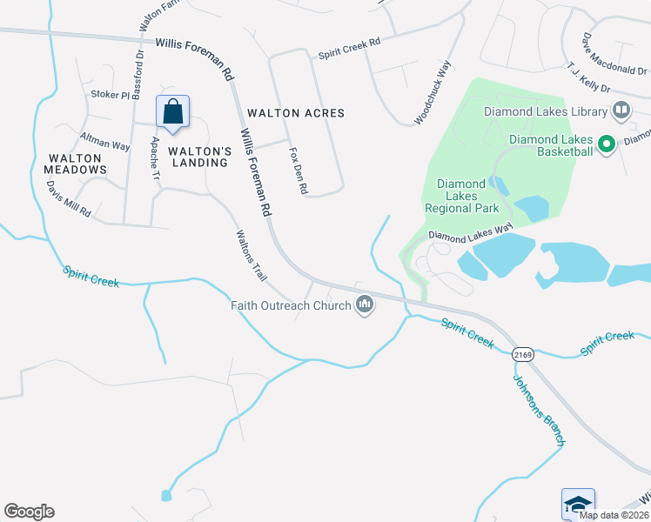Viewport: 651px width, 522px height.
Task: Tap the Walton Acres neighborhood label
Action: [x=296, y=113]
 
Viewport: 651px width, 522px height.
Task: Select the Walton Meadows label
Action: [x=77, y=164]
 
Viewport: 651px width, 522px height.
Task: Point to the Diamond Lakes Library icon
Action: [x=621, y=110]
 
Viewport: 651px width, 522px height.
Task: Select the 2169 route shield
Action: [x=522, y=354]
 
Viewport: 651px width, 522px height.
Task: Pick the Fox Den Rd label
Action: [x=299, y=170]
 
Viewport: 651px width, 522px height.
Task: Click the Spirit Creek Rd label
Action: [x=349, y=47]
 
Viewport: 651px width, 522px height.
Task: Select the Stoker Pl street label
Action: [x=110, y=94]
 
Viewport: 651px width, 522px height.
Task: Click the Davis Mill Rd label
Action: [x=69, y=200]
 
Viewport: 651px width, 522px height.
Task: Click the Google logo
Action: [x=29, y=512]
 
